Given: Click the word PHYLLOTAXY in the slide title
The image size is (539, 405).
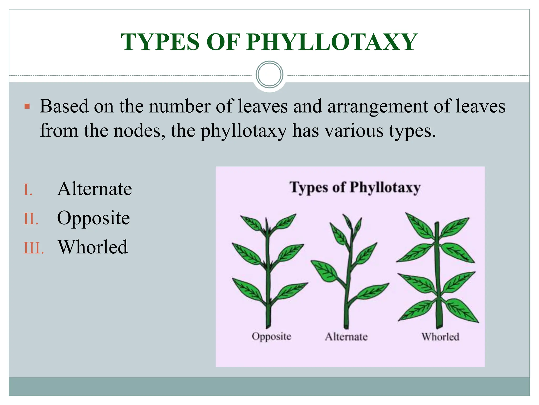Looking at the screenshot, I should pyautogui.click(x=332, y=42).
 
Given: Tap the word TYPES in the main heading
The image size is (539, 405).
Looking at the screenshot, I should pyautogui.click(x=160, y=42).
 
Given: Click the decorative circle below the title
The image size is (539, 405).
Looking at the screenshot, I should pyautogui.click(x=269, y=75).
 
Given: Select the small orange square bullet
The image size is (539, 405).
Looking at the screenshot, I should pyautogui.click(x=27, y=107).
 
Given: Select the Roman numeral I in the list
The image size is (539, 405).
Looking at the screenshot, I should pyautogui.click(x=28, y=190).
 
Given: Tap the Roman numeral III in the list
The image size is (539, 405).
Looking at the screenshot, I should pyautogui.click(x=34, y=248).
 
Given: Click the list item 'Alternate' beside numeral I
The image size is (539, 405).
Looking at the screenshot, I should pyautogui.click(x=94, y=189).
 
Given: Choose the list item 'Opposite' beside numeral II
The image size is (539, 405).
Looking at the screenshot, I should pyautogui.click(x=93, y=218).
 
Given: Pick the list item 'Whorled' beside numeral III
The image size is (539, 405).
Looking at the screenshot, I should pyautogui.click(x=93, y=247).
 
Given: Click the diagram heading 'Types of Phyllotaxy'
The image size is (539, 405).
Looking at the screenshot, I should pyautogui.click(x=355, y=188).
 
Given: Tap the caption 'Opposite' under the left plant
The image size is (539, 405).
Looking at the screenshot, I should pyautogui.click(x=271, y=336).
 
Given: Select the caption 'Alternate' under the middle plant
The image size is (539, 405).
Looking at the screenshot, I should pyautogui.click(x=346, y=337).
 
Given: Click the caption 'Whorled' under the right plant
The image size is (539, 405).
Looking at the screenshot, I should pyautogui.click(x=440, y=337).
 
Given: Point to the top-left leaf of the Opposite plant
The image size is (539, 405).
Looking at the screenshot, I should pyautogui.click(x=251, y=223).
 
